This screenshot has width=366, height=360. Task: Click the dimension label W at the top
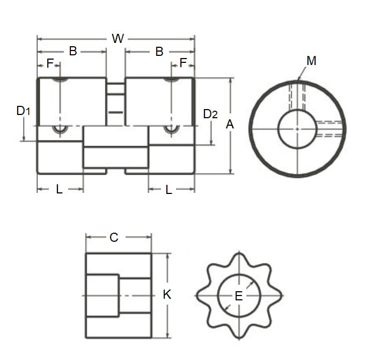pos(117,39)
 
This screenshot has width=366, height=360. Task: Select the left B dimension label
pos(73,52)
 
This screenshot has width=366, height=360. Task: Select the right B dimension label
pos(159,52)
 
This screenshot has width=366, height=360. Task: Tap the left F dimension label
pos(50,63)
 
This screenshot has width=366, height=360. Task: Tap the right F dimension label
pos(183,63)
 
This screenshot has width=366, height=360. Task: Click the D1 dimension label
pos(23,111)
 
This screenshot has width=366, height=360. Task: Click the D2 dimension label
pos(210,114)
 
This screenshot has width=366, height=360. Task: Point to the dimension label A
pos(230,125)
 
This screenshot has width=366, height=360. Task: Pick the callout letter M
pos(311,61)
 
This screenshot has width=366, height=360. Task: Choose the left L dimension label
pos(59,189)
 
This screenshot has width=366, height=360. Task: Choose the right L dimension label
pos(169,189)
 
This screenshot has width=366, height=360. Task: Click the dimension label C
pos(113,237)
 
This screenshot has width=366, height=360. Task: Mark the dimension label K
pos(167,294)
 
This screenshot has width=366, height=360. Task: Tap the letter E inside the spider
pos(239,296)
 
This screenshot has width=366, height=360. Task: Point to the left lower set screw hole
pos(60,129)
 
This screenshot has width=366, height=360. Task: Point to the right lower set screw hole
pos(171,129)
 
